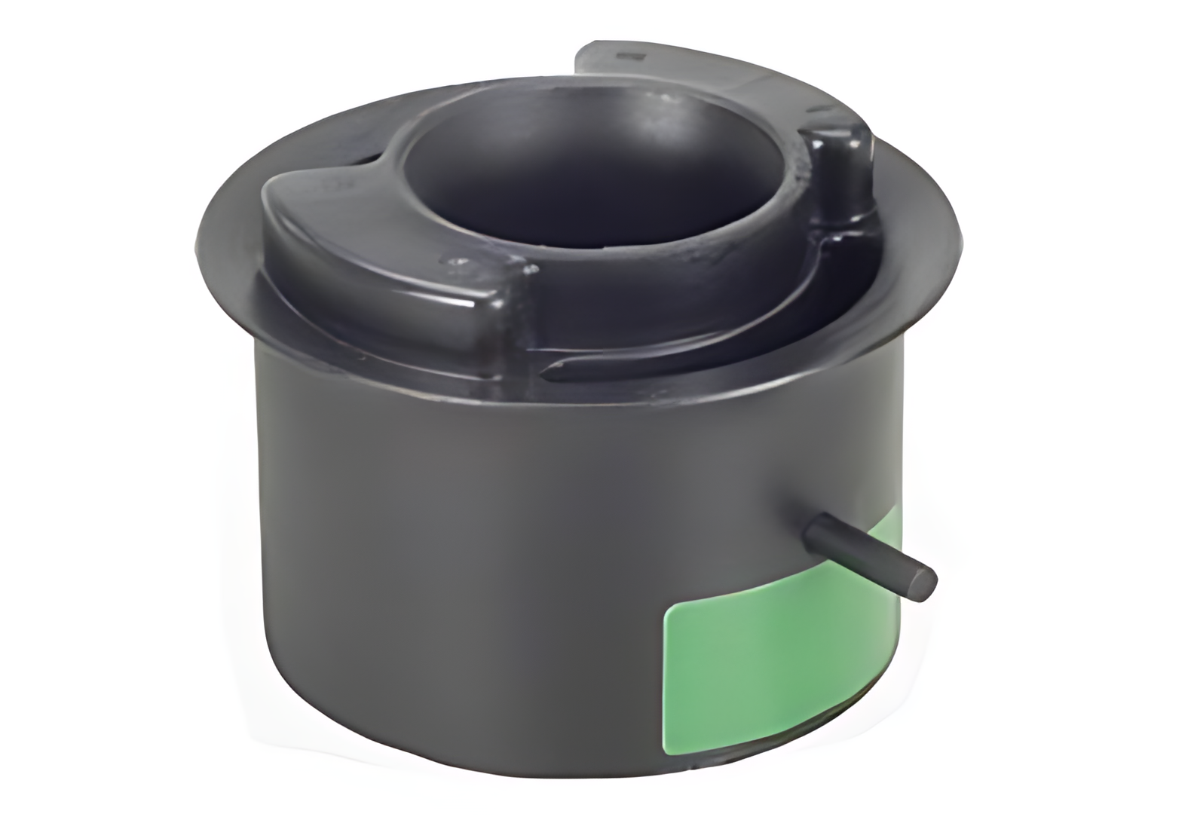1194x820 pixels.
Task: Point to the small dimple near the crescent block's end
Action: pos(455,261)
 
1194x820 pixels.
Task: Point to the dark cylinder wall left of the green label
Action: pos(452,565)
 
